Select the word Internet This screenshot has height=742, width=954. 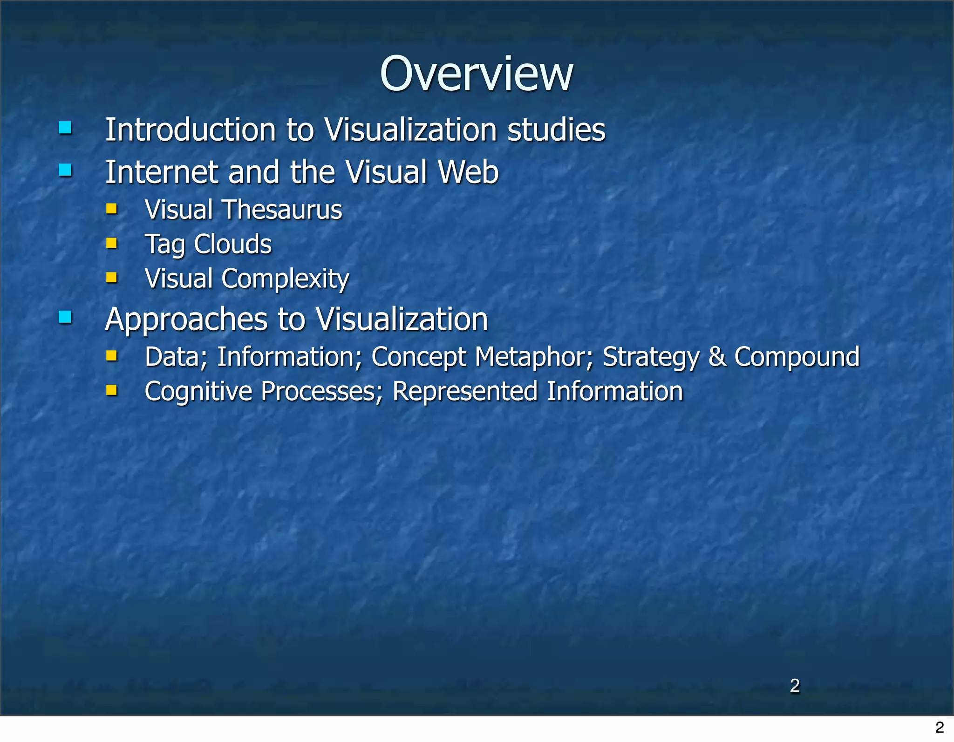click(x=161, y=172)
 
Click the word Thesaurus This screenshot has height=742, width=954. click(x=283, y=210)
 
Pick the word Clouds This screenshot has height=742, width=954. click(x=232, y=244)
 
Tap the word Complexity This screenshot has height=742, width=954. click(x=285, y=279)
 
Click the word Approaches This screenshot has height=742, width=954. click(x=186, y=320)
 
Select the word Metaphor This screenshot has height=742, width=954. click(x=534, y=357)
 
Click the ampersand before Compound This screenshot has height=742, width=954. click(x=717, y=357)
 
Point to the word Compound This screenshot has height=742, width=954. click(x=797, y=357)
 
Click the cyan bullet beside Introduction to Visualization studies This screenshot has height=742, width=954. click(x=65, y=128)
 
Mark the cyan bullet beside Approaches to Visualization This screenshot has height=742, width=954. click(x=65, y=317)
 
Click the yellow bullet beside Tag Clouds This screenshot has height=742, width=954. click(x=111, y=243)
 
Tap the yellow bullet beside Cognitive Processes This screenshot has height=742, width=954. click(x=111, y=390)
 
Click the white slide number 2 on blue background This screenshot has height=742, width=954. click(x=795, y=686)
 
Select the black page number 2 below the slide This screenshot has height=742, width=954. click(x=939, y=727)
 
